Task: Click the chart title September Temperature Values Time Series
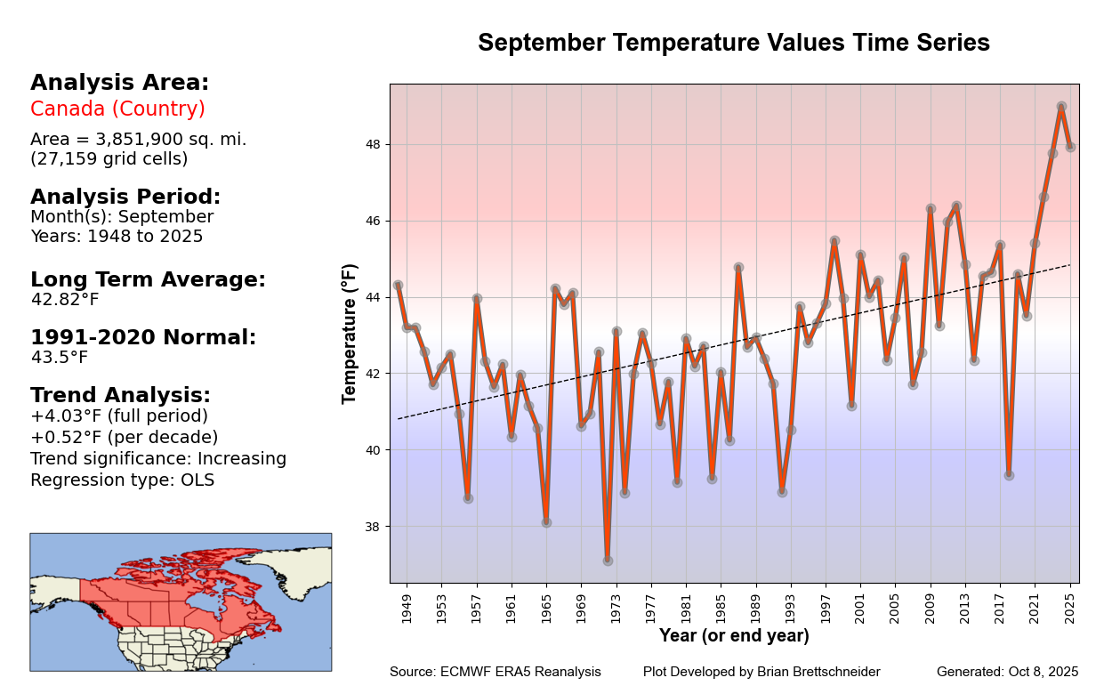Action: (733, 44)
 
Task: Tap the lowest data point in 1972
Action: (608, 561)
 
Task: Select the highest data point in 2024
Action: (1061, 106)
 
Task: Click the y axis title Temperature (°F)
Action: (350, 334)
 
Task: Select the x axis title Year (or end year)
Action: (734, 636)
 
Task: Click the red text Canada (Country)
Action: (117, 109)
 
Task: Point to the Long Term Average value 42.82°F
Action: (65, 300)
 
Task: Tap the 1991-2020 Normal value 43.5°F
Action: (60, 358)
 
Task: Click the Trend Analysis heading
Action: (120, 395)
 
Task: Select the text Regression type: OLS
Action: (122, 480)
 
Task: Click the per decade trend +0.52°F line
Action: (124, 438)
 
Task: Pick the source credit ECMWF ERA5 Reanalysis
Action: (495, 672)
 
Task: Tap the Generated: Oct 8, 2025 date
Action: (1007, 672)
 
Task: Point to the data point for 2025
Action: (1070, 147)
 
